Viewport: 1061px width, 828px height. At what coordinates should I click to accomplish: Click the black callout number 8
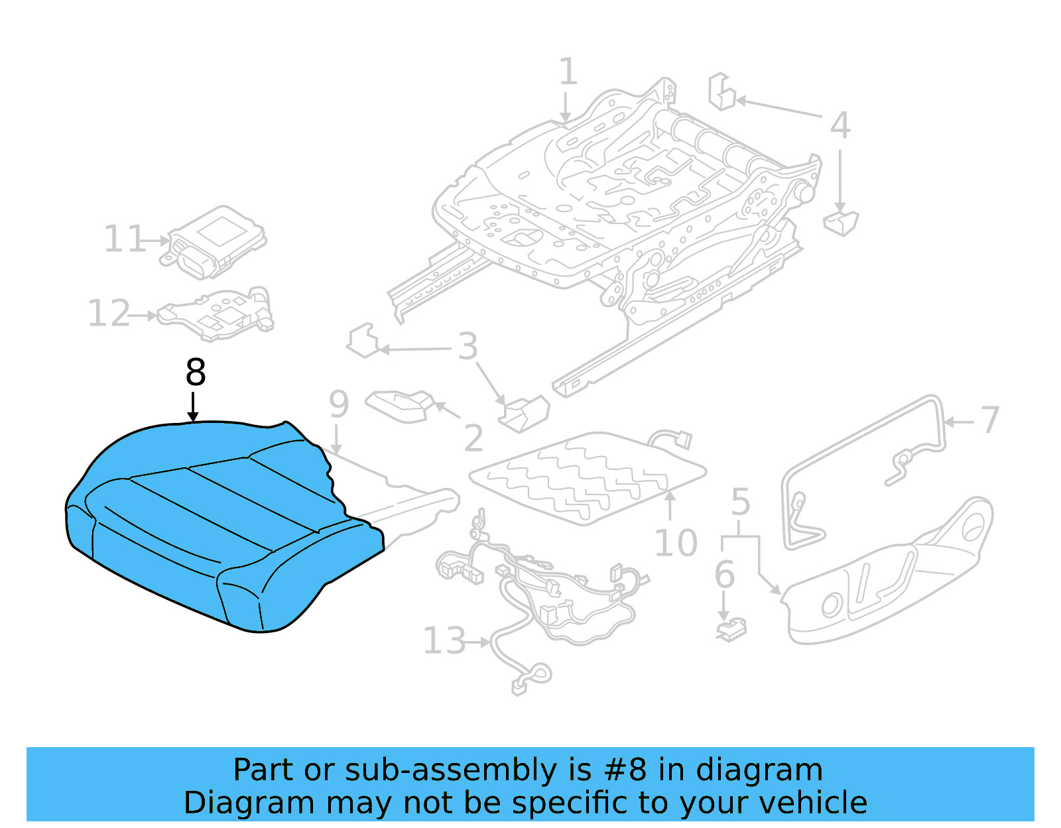[196, 373]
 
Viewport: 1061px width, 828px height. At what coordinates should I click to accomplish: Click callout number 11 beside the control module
[124, 239]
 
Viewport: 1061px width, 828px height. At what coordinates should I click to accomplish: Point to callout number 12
[109, 314]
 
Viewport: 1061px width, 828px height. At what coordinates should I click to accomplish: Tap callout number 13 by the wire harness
[444, 641]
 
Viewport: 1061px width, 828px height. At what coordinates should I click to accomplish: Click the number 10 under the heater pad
[676, 544]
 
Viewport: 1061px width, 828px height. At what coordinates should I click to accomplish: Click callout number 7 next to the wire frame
[989, 420]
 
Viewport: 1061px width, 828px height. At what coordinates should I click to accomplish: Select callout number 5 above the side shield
[740, 503]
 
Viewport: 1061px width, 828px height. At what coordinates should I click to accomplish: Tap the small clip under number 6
[732, 629]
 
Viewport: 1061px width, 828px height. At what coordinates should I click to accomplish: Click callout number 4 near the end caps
[840, 125]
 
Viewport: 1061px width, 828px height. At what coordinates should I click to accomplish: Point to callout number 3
[468, 347]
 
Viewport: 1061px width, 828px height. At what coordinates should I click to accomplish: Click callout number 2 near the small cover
[473, 438]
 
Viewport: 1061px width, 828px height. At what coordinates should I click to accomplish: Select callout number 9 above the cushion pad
[339, 404]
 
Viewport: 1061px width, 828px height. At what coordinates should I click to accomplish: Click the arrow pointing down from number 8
[193, 406]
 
